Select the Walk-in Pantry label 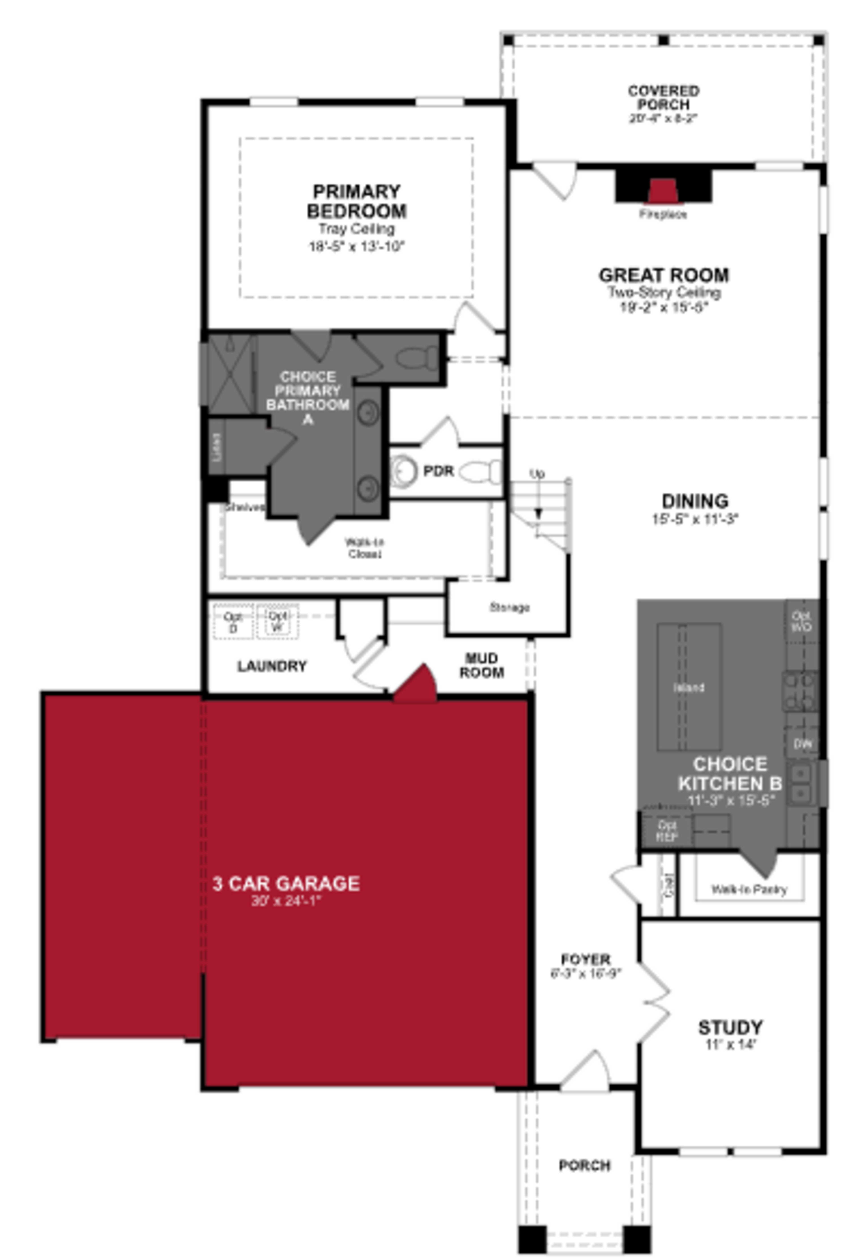click(748, 889)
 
